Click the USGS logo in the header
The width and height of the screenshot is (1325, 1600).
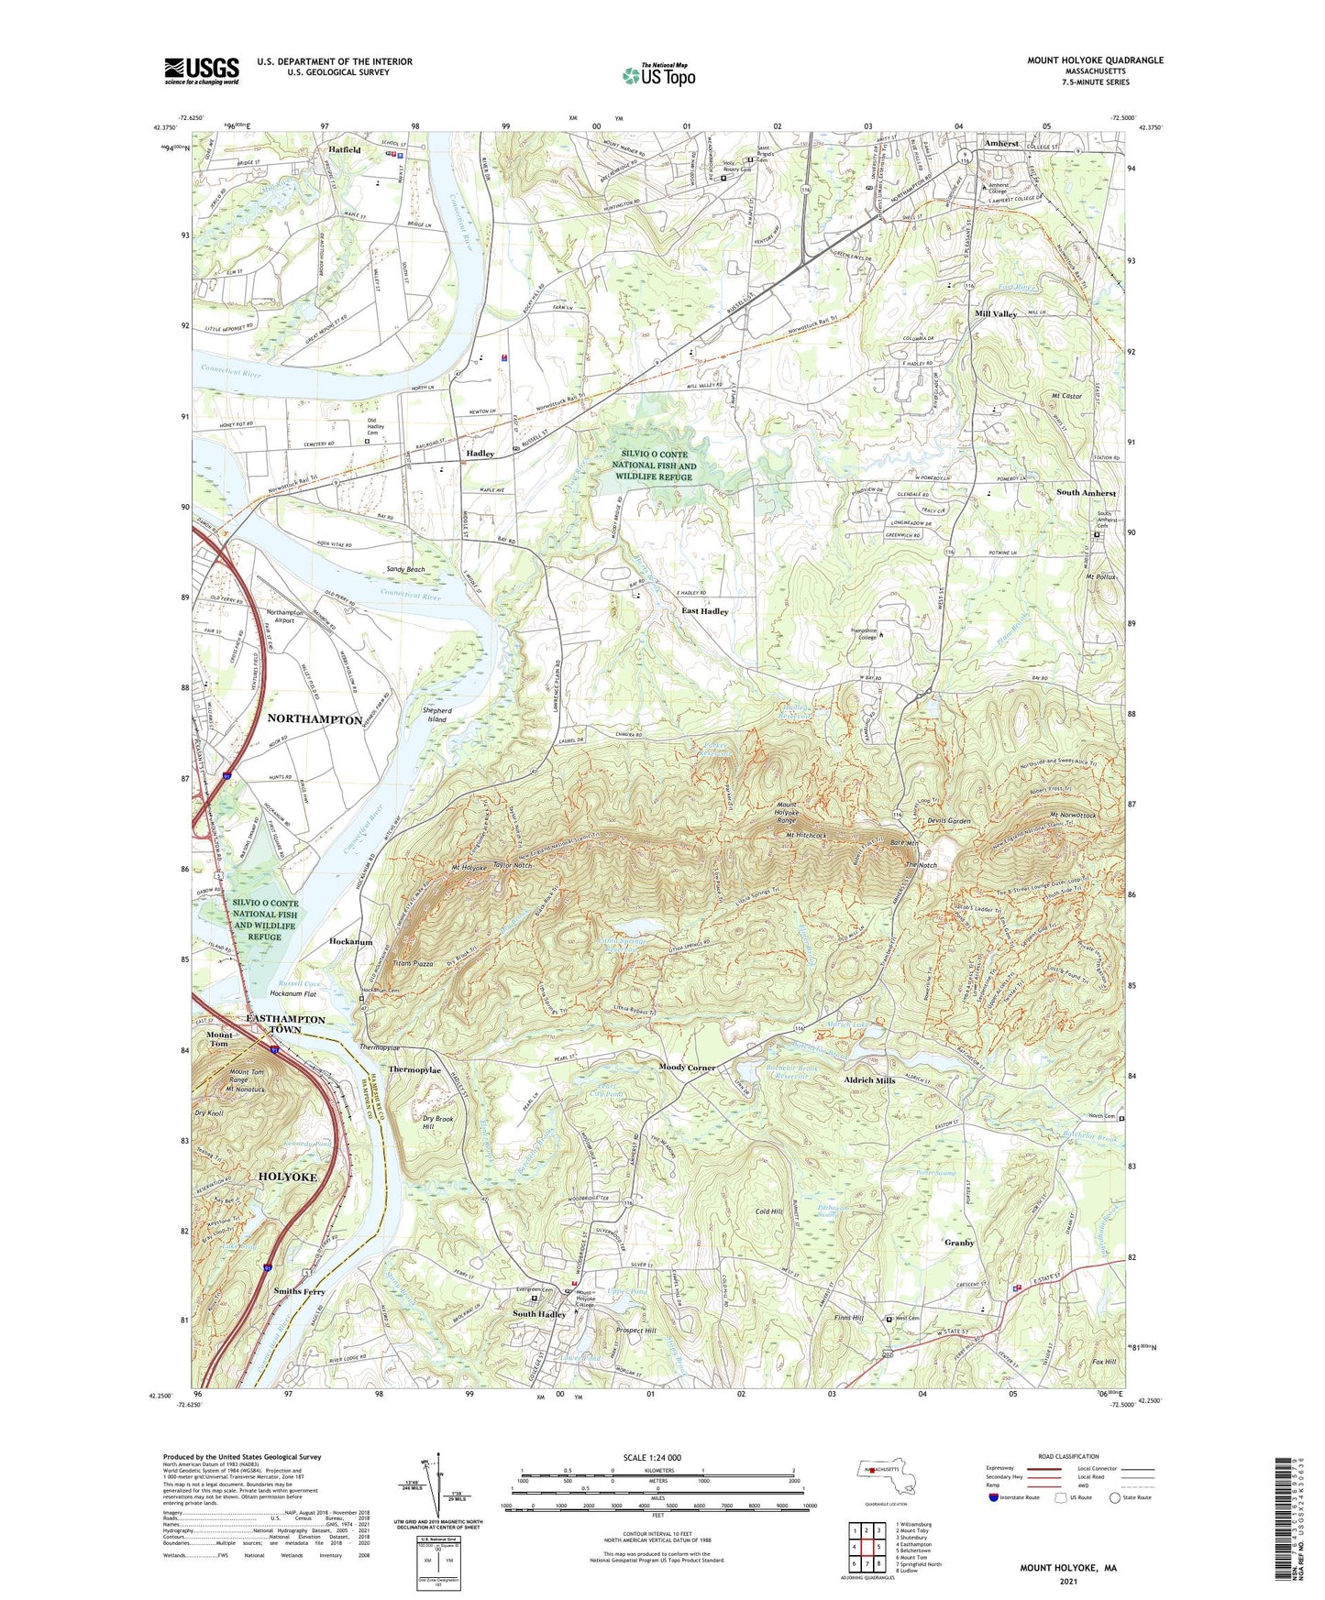[x=202, y=71]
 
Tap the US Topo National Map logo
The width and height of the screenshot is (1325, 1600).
[x=657, y=74]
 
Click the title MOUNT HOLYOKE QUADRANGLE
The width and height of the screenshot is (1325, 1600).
[x=1095, y=60]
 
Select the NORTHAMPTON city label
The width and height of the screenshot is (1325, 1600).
[x=315, y=719]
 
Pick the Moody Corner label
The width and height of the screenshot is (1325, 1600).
[x=687, y=1068]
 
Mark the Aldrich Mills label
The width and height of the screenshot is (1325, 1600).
[x=869, y=1080]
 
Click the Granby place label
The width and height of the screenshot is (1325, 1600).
[x=959, y=1243]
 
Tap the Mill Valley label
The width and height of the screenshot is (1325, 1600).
[x=995, y=313]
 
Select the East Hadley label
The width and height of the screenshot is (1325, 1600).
[x=704, y=611]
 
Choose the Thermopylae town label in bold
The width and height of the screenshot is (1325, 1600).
[x=414, y=1069]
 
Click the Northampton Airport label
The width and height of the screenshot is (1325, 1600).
[x=284, y=616]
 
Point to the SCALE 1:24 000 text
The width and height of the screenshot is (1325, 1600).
[x=651, y=1458]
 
